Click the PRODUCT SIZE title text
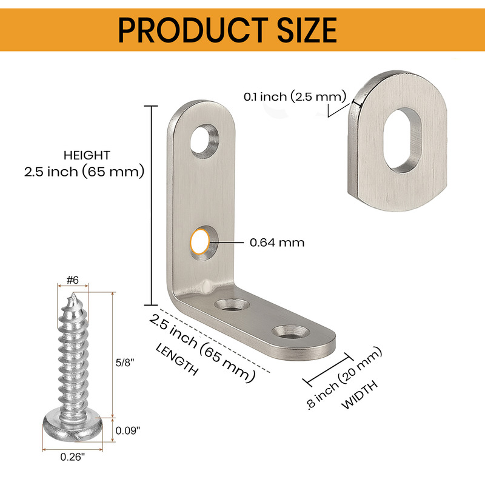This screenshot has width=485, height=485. (x=227, y=30)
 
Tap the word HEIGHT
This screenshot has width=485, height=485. (x=87, y=155)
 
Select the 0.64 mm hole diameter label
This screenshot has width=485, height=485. (x=277, y=242)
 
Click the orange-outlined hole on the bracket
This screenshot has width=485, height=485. (x=200, y=241)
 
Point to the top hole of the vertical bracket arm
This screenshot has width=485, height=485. (x=204, y=141)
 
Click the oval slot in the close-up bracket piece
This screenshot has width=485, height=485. (x=403, y=140)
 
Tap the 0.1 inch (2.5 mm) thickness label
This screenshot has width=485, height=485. (x=295, y=97)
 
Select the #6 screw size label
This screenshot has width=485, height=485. (x=73, y=280)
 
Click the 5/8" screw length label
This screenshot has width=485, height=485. (x=125, y=363)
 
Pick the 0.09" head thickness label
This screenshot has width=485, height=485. (x=128, y=430)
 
